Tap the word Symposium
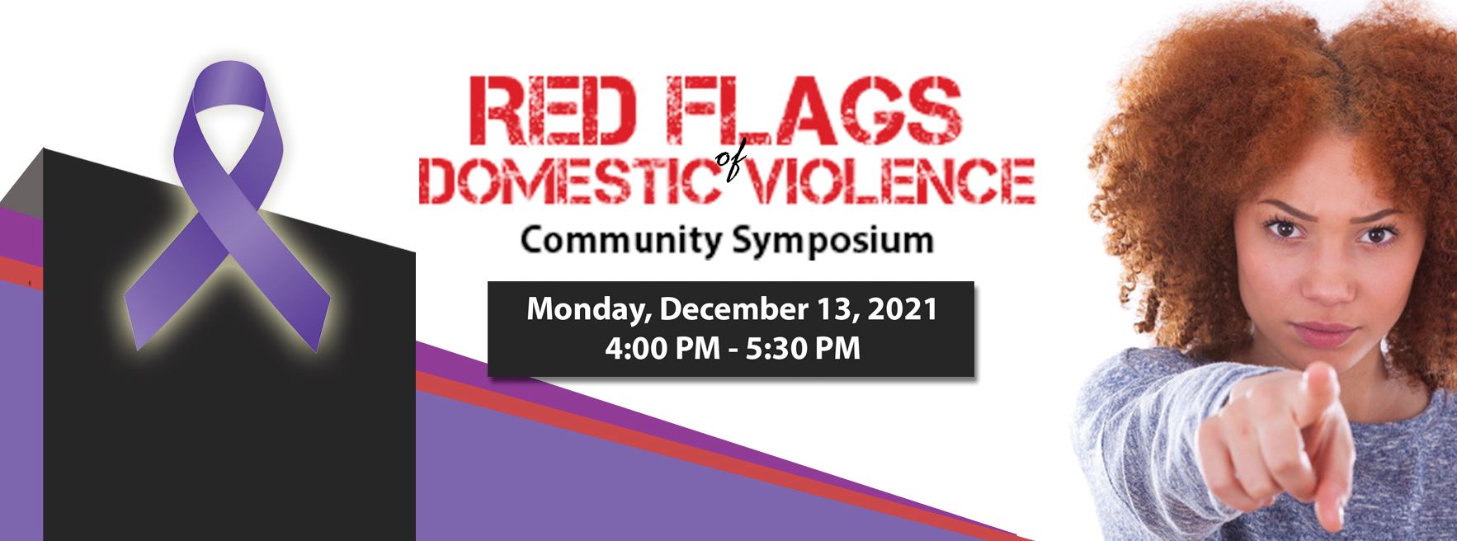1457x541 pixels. [x=831, y=241]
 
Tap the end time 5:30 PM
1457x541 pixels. [x=803, y=348]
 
